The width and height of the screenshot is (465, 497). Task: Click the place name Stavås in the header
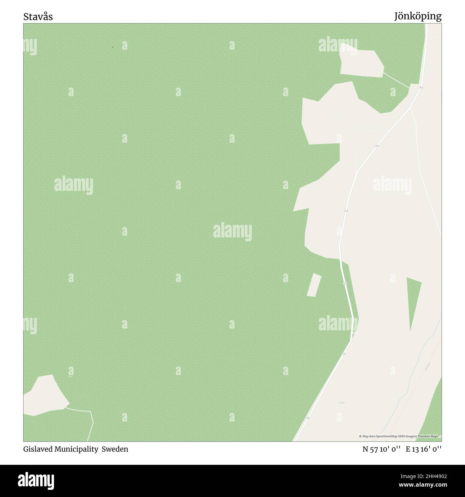(38, 17)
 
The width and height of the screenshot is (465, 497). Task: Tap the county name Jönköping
(417, 16)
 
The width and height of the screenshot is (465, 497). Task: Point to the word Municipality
(76, 449)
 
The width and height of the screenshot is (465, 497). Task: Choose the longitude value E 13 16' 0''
(424, 449)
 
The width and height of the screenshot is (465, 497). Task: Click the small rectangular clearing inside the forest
(314, 285)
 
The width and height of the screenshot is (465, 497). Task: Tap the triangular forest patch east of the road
(413, 300)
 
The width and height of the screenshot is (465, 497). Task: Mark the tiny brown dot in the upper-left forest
(113, 47)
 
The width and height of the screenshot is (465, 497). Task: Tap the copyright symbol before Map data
(361, 436)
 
